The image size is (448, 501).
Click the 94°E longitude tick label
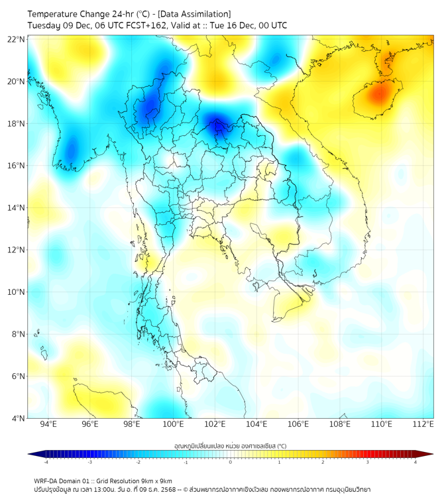point(48,424)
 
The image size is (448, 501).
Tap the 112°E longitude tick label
point(423,424)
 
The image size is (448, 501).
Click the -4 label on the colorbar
point(46,462)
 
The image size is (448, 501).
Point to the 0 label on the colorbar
point(231,462)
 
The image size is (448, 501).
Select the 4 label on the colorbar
point(415,462)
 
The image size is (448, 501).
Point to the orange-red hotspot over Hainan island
point(378,94)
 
